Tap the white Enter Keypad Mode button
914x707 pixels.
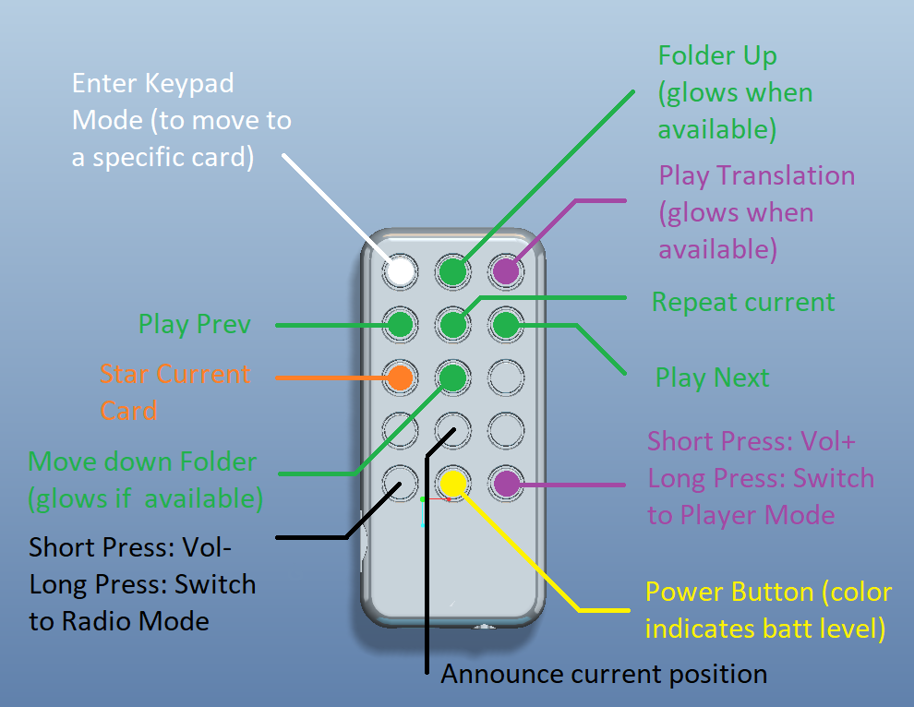[x=400, y=271]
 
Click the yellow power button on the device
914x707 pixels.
[x=453, y=484]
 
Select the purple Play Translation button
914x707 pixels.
[x=506, y=271]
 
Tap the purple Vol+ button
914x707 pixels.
[x=506, y=484]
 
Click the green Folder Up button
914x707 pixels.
[x=453, y=271]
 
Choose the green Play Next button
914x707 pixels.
[x=506, y=325]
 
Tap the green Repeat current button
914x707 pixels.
[x=453, y=325]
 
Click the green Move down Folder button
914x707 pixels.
[x=453, y=377]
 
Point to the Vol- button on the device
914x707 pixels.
[x=400, y=484]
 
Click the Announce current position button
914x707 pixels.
[x=453, y=431]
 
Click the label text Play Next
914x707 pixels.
[x=713, y=378]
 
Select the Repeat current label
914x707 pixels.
[x=743, y=302]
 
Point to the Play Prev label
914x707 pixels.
[x=195, y=325]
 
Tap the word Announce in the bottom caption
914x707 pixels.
[x=502, y=674]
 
